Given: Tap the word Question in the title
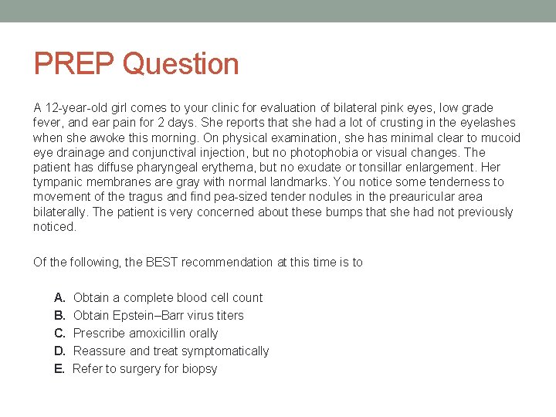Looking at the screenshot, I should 181,63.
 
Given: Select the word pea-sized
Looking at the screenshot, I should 261,197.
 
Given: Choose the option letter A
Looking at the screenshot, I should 59,297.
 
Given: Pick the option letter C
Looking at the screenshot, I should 59,333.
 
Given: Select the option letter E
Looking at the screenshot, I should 59,368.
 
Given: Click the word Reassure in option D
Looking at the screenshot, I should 99,351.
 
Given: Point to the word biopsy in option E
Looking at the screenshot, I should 199,368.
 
